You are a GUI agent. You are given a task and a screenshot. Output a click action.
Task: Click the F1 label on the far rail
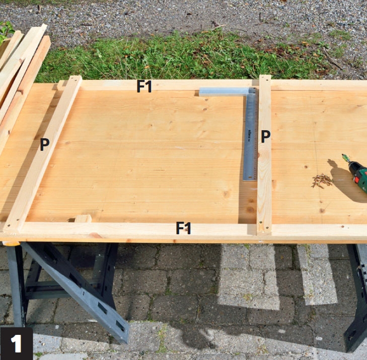click(x=144, y=86)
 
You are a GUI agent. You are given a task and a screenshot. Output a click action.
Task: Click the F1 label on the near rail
click(x=183, y=228)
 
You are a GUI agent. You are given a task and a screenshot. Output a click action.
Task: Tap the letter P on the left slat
click(x=45, y=144)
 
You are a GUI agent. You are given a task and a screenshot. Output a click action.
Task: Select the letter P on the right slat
click(x=266, y=136)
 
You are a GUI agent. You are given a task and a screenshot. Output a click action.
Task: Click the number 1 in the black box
click(x=17, y=343)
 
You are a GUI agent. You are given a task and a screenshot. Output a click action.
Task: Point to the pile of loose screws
click(x=322, y=181)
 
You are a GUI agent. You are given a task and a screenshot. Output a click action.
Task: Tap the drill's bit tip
click(x=343, y=155)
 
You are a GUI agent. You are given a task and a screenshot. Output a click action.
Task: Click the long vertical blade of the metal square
click(x=250, y=136)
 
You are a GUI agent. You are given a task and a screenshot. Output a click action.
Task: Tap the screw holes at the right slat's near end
click(x=264, y=225)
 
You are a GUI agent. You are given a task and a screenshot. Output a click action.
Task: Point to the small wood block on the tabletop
click(x=83, y=218)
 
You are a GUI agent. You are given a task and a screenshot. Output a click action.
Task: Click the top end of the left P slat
click(x=76, y=79)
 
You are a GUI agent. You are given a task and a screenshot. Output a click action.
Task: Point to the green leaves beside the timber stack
click(x=6, y=30)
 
